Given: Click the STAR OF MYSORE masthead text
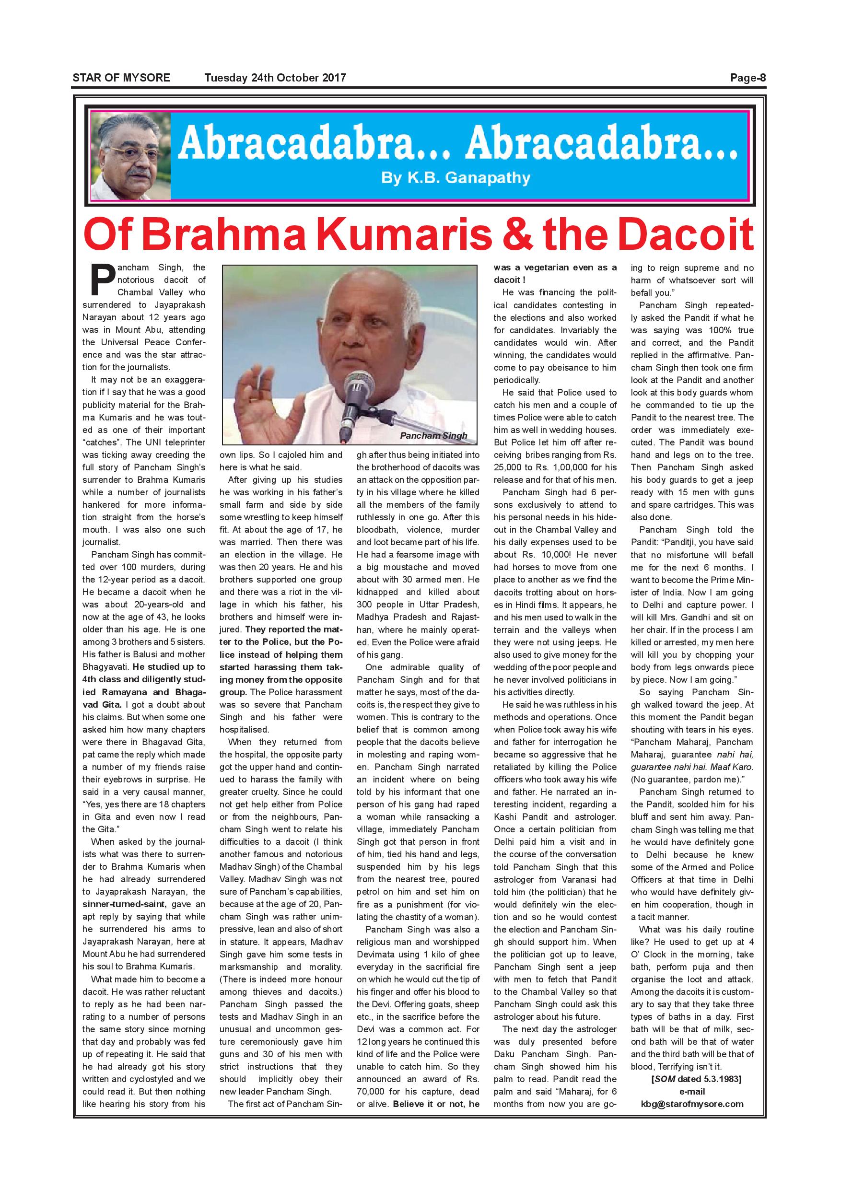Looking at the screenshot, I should [x=121, y=78].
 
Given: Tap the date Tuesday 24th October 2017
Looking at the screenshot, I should [x=275, y=78].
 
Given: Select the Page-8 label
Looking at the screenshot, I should [x=748, y=78].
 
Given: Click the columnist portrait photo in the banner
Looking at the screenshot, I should [x=131, y=156].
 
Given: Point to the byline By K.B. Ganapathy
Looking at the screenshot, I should [x=456, y=178].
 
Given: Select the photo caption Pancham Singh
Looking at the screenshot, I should [x=433, y=436].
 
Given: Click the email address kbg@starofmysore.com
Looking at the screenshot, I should [x=692, y=1118].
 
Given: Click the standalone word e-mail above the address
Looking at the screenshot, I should [x=692, y=1106].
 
